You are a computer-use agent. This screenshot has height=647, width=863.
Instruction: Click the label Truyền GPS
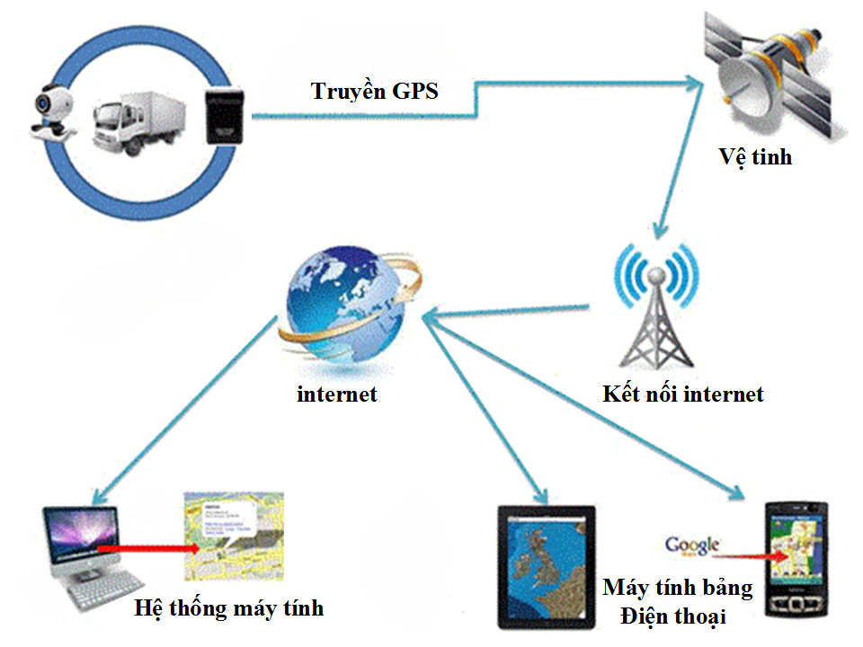(375, 91)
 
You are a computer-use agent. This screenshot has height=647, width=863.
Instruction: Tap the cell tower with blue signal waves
(654, 306)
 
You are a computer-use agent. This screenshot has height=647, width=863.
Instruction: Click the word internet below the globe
(337, 394)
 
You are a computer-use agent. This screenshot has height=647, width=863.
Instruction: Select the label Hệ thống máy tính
(228, 608)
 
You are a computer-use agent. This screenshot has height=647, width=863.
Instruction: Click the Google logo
(692, 545)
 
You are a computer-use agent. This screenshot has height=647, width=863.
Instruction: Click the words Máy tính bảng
(677, 588)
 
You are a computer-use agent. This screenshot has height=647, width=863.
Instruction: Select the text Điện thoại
(673, 616)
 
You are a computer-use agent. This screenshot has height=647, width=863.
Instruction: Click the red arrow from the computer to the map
(147, 546)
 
